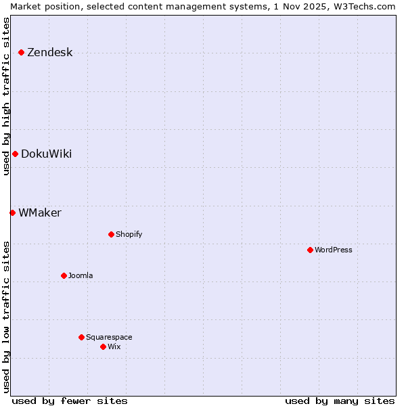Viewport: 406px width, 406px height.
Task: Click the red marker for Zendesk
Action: point(21,52)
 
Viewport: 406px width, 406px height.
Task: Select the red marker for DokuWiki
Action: point(15,154)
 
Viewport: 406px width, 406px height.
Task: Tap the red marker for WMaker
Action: point(12,212)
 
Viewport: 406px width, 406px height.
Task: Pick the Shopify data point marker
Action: point(111,234)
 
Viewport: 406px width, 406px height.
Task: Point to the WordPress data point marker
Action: point(310,250)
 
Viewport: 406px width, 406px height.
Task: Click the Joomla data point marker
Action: point(64,275)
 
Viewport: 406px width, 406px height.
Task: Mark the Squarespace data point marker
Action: point(81,337)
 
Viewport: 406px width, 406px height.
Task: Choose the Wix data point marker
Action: point(103,346)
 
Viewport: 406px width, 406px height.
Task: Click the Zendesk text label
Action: point(50,52)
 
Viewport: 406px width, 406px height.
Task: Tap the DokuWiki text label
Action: point(46,154)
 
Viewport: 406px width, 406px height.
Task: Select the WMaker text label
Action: point(40,212)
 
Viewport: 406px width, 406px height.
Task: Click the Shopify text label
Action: point(129,234)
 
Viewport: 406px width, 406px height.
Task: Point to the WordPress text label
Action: point(334,250)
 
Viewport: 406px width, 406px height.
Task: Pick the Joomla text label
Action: point(81,275)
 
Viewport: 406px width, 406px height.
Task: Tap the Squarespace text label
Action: point(109,337)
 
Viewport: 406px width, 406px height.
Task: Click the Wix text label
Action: point(114,346)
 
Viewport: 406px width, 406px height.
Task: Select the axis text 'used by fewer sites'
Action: point(70,401)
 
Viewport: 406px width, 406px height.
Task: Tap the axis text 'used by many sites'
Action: point(340,401)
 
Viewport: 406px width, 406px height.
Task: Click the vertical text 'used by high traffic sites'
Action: point(6,96)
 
